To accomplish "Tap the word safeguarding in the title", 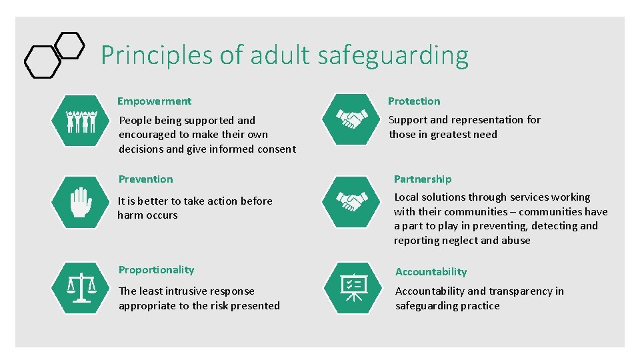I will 393,56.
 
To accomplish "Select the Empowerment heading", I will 154,101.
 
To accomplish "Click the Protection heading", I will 414,101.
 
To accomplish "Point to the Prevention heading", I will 145,179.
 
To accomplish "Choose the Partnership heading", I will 423,179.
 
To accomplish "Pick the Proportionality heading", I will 156,270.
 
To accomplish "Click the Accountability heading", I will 431,272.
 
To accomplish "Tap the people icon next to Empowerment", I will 82,121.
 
